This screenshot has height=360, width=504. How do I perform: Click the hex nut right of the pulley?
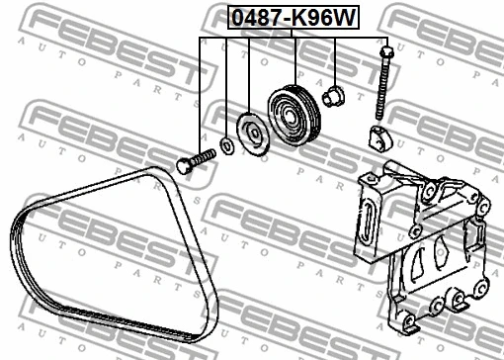(x=333, y=95)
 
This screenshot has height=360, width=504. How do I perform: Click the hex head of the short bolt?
(x=185, y=165)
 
